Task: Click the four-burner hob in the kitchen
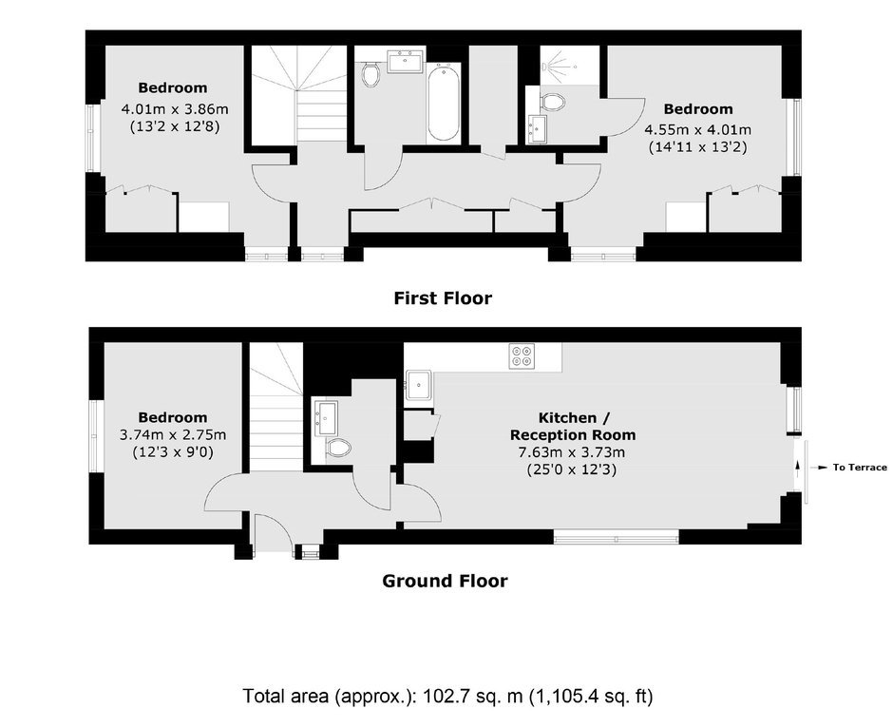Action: tap(522, 355)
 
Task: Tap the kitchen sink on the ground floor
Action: tap(419, 385)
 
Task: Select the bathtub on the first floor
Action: tap(443, 103)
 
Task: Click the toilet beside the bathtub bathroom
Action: tap(370, 73)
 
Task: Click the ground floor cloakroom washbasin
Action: tap(326, 418)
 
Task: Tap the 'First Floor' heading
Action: tap(443, 297)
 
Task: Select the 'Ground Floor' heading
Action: tap(445, 581)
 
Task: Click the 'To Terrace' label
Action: tap(860, 468)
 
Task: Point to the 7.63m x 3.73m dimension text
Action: tap(571, 453)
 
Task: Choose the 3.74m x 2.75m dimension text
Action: tap(173, 435)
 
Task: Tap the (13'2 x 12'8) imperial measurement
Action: tap(175, 126)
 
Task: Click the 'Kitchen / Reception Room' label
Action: tap(573, 426)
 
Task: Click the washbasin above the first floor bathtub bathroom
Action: tap(405, 61)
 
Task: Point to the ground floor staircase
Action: tap(275, 407)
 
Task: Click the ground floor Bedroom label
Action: tap(173, 417)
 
